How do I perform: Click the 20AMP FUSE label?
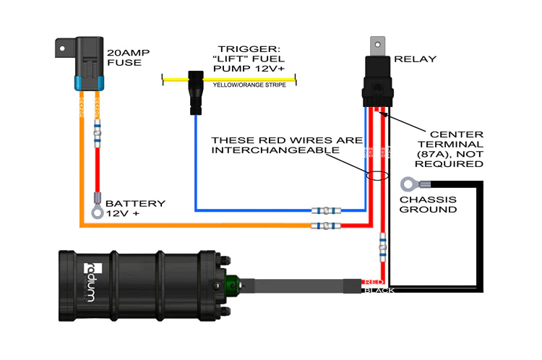point(126,57)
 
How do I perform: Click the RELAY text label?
point(413,58)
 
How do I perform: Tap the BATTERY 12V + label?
point(136,209)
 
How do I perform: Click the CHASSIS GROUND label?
point(429,204)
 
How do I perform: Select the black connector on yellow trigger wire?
point(195,90)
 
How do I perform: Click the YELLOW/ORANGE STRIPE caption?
point(249,85)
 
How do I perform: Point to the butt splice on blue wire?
point(325,212)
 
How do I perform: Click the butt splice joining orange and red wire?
point(325,226)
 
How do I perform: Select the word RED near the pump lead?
point(374,281)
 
